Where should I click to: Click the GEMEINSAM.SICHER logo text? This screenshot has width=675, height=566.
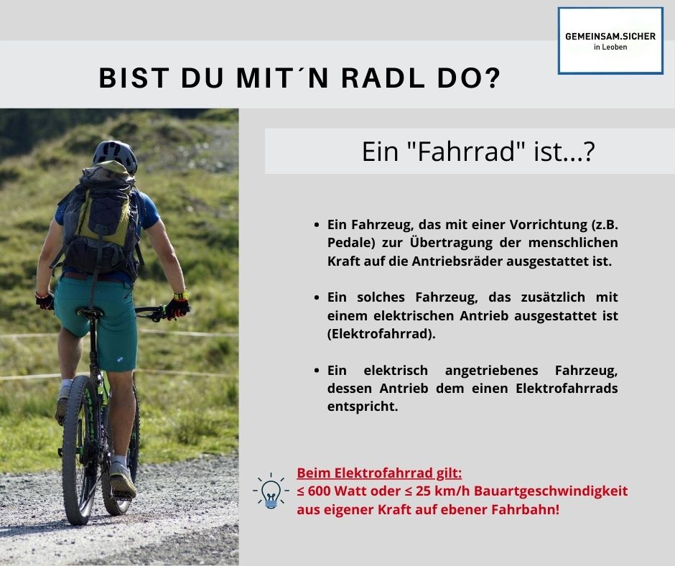tap(610, 37)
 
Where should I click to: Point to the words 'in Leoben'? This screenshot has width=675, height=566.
tap(610, 47)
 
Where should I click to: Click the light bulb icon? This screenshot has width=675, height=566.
tap(271, 491)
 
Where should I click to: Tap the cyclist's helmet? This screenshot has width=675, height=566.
tap(115, 155)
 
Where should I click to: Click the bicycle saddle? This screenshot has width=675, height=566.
tap(90, 312)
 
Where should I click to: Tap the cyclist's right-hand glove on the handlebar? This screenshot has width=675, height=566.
tap(177, 307)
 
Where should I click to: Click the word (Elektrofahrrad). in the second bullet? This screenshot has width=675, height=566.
tap(381, 334)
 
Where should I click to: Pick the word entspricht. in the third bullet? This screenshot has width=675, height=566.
tap(363, 407)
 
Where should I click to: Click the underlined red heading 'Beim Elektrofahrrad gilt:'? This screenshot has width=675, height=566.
tap(379, 473)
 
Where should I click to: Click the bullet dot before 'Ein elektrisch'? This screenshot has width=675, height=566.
tap(317, 371)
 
